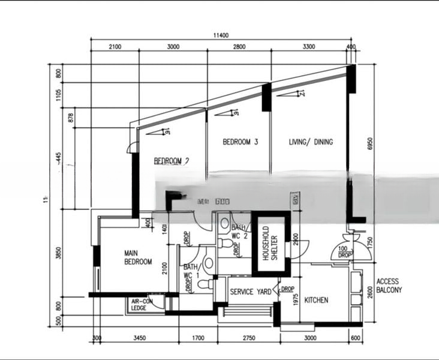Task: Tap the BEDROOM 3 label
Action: tap(240, 142)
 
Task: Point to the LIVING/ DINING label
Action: tap(311, 142)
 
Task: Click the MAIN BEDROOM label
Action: tap(138, 257)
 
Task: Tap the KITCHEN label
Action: tap(316, 299)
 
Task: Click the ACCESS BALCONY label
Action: tap(389, 286)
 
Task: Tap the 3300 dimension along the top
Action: tap(309, 47)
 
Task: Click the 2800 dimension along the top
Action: tap(239, 47)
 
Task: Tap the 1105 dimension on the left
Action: tap(58, 95)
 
